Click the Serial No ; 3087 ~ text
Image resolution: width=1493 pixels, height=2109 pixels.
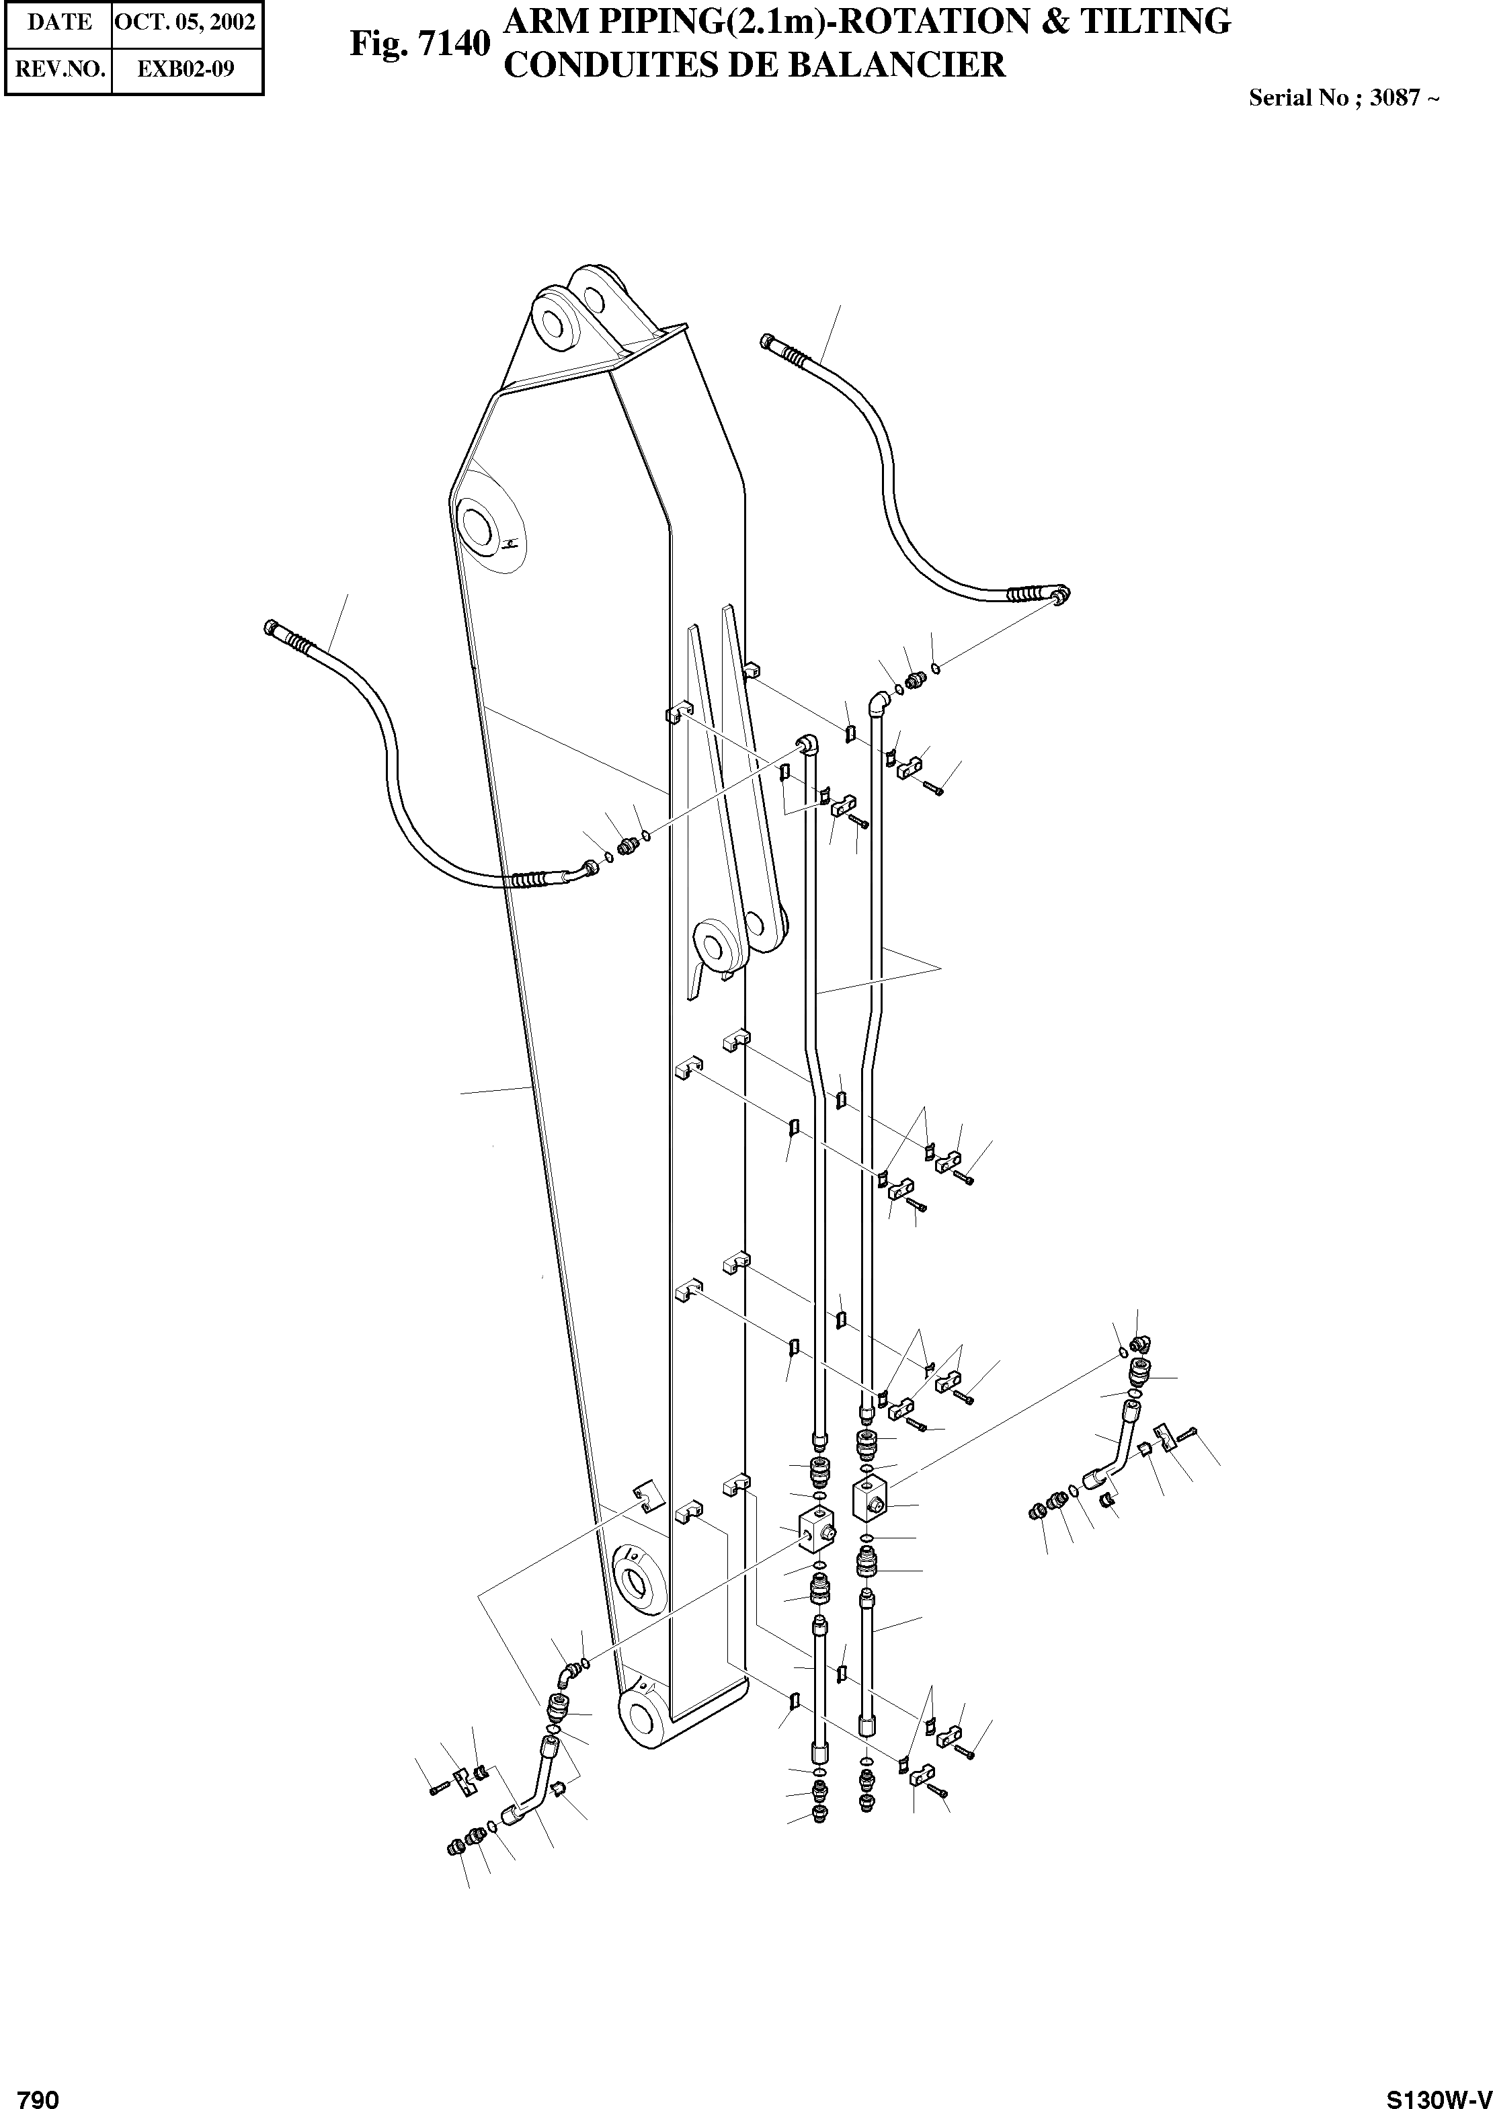point(1343,98)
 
